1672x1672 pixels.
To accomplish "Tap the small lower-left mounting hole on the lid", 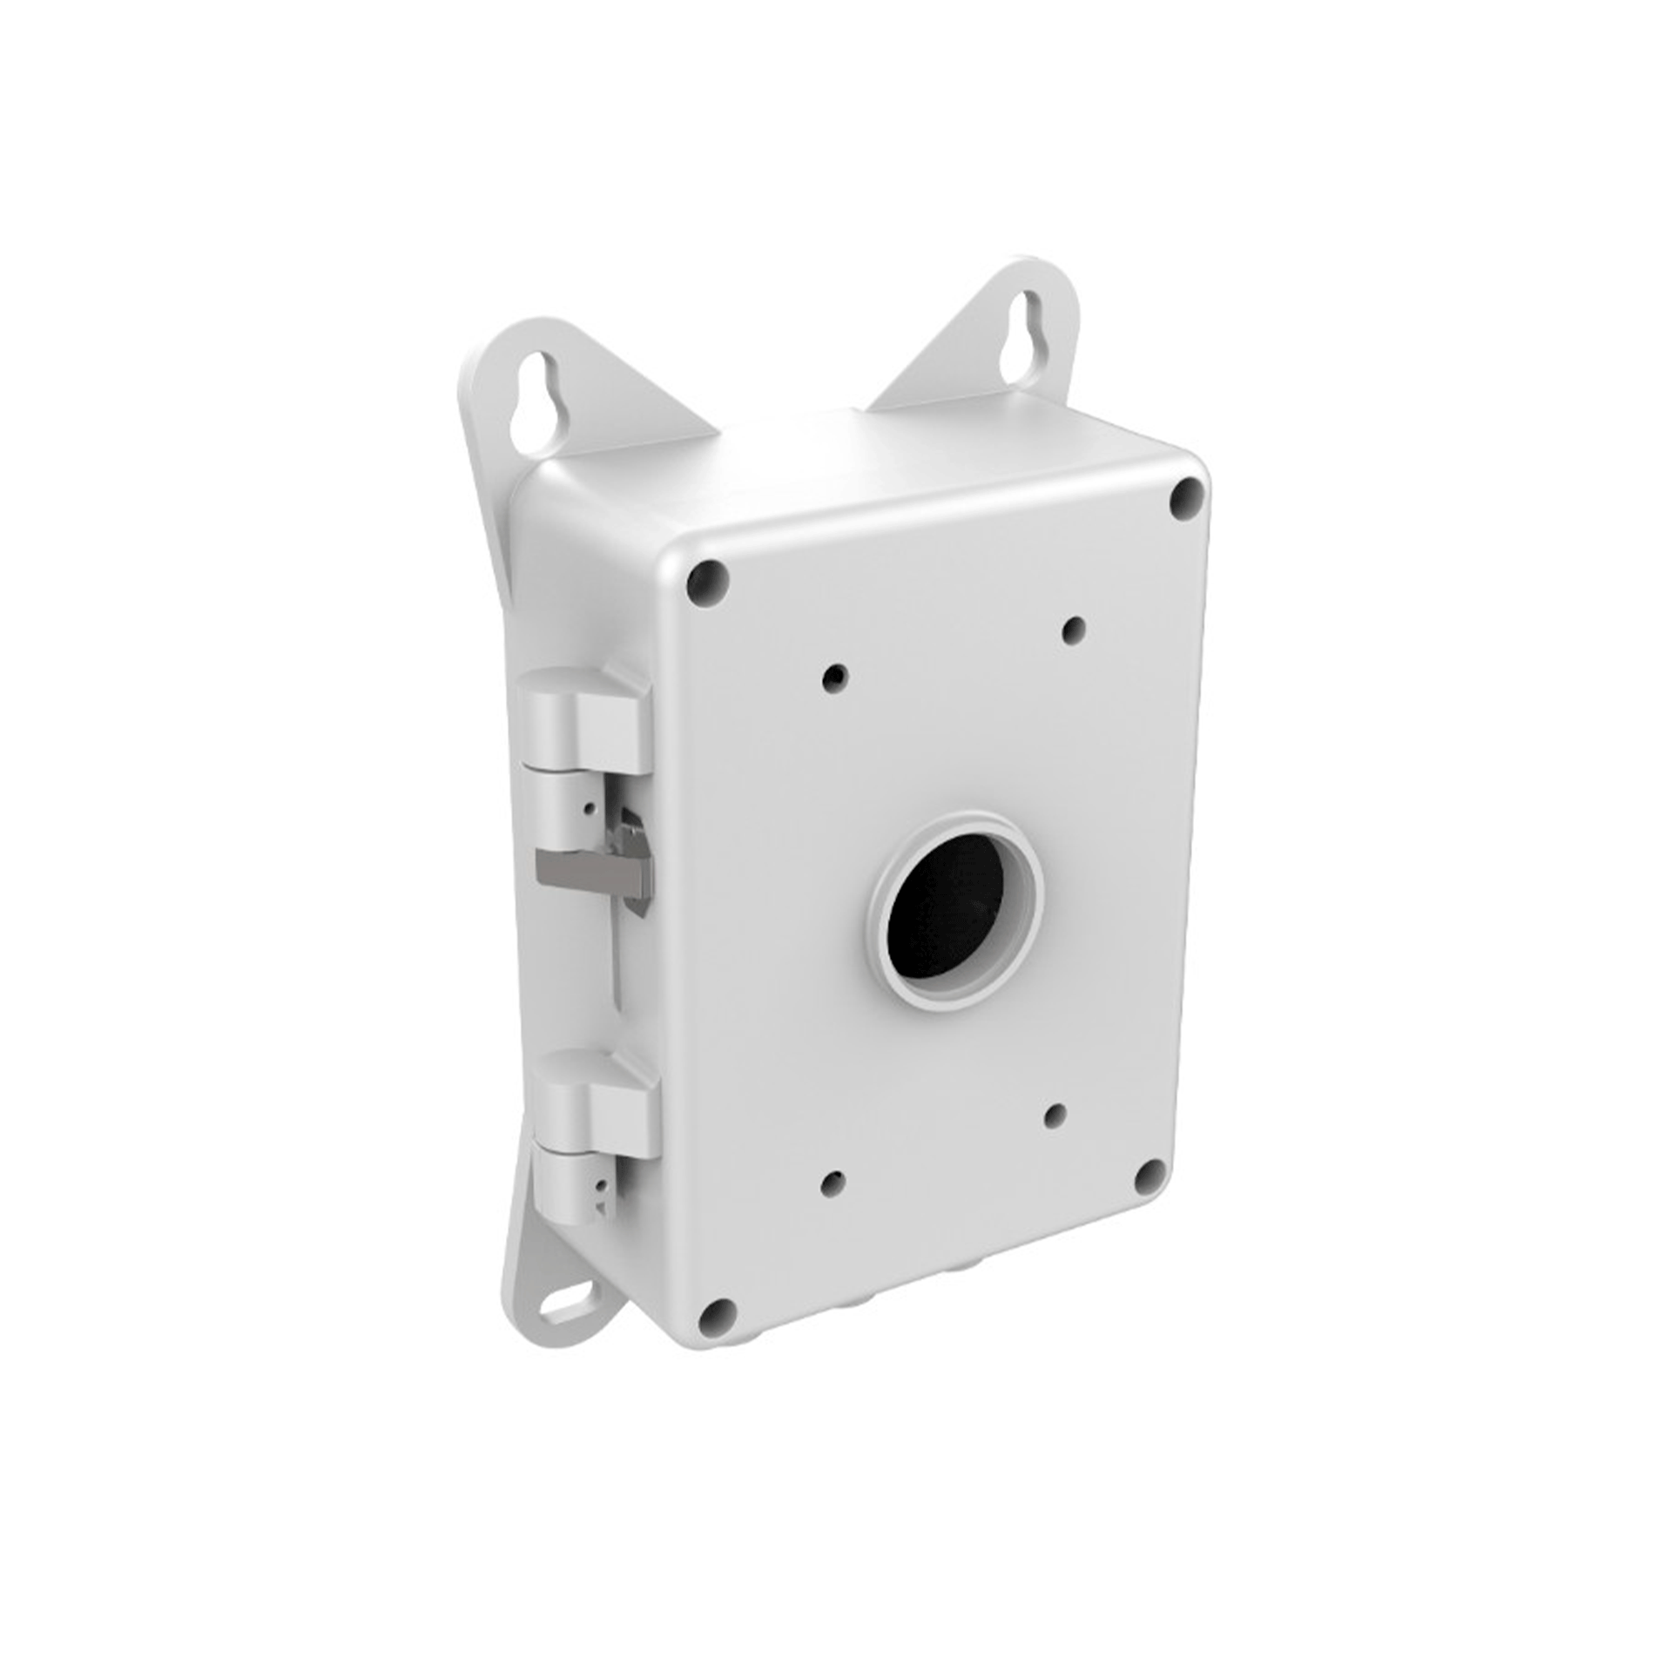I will coord(835,1182).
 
